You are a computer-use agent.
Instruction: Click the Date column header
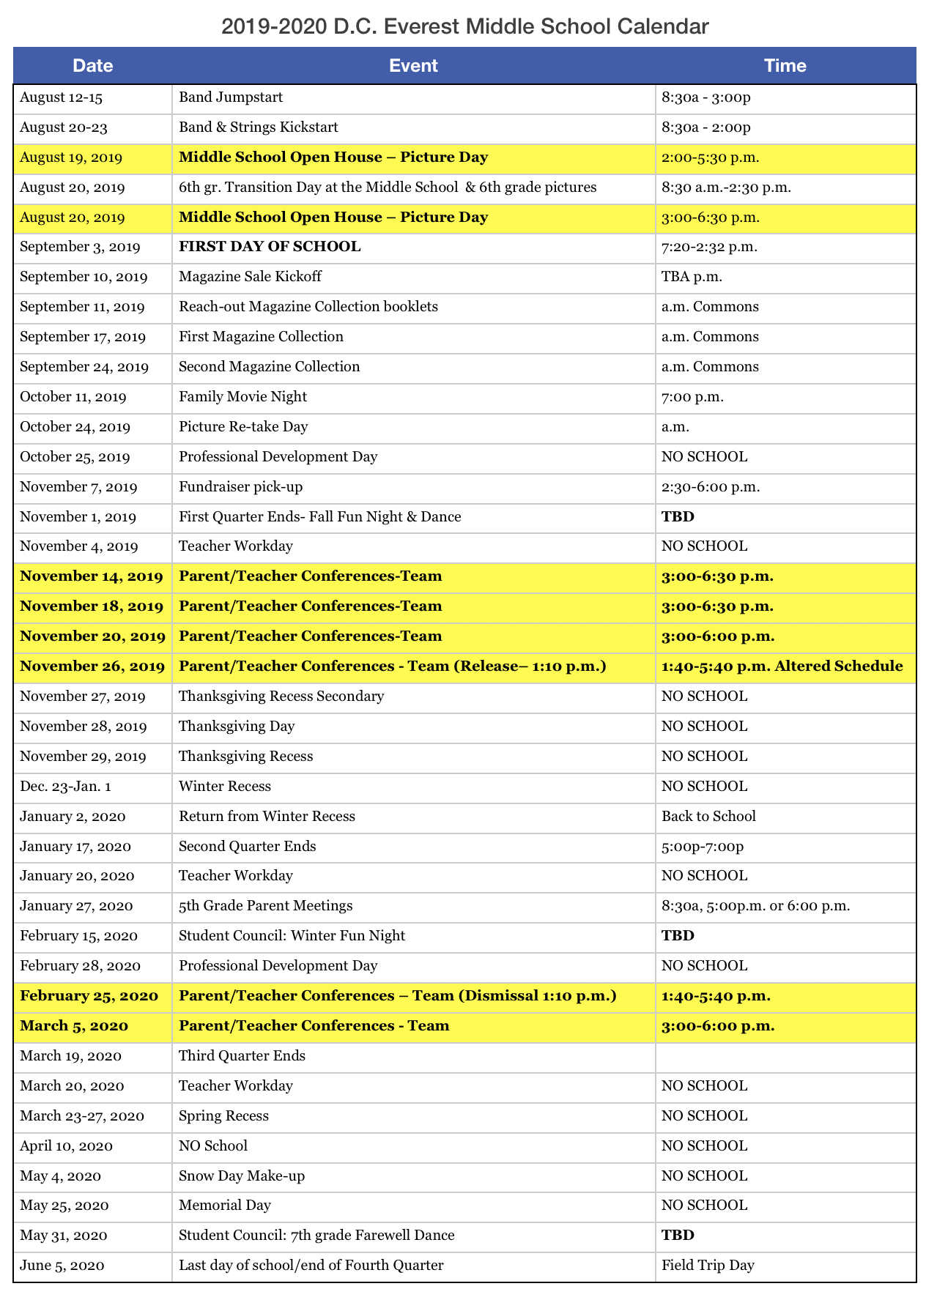pyautogui.click(x=93, y=66)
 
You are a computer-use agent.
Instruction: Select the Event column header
pyautogui.click(x=413, y=66)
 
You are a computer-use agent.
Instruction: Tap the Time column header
pyautogui.click(x=785, y=66)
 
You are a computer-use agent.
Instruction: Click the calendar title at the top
pyautogui.click(x=464, y=27)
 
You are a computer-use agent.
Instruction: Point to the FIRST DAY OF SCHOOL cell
pyautogui.click(x=270, y=247)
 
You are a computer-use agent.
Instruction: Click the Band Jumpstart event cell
pyautogui.click(x=231, y=97)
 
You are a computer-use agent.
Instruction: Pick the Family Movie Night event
pyautogui.click(x=242, y=397)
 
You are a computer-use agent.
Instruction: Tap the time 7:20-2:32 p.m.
pyautogui.click(x=709, y=247)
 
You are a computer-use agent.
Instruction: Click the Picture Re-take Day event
pyautogui.click(x=243, y=427)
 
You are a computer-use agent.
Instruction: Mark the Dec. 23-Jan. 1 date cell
pyautogui.click(x=66, y=787)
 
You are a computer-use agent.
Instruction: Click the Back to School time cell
pyautogui.click(x=708, y=817)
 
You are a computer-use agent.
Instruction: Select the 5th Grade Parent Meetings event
pyautogui.click(x=265, y=906)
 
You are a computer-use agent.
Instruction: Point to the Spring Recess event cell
pyautogui.click(x=223, y=1116)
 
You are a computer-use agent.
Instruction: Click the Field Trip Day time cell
pyautogui.click(x=708, y=1266)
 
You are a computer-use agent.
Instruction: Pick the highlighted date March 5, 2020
pyautogui.click(x=74, y=1026)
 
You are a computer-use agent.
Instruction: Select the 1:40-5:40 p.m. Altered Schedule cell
pyautogui.click(x=782, y=666)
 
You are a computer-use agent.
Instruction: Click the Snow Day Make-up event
pyautogui.click(x=242, y=1176)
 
